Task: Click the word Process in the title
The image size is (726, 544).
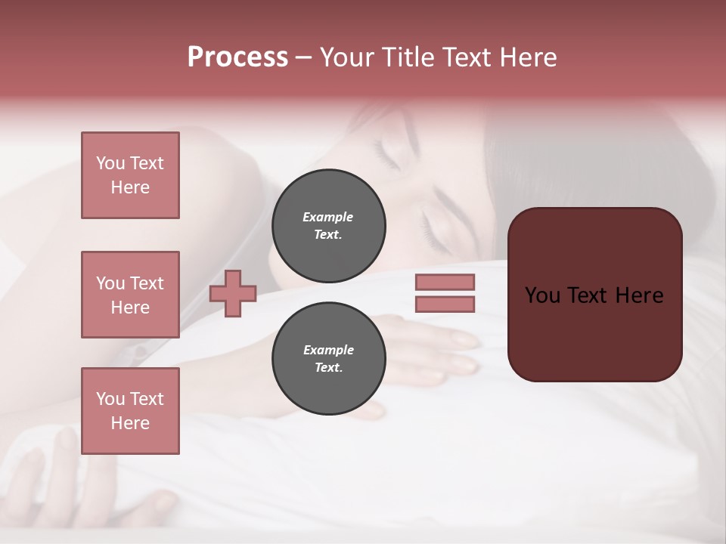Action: pyautogui.click(x=237, y=57)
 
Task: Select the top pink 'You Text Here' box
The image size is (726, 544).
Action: pyautogui.click(x=130, y=175)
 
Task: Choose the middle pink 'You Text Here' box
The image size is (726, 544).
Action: pyautogui.click(x=130, y=295)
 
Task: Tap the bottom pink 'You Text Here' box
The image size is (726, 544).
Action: pyautogui.click(x=130, y=411)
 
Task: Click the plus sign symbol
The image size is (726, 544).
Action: pyautogui.click(x=233, y=293)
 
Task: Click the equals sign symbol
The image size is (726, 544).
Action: pyautogui.click(x=445, y=293)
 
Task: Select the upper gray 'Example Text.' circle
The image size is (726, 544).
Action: pyautogui.click(x=328, y=226)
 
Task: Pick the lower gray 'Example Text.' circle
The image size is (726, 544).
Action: pyautogui.click(x=328, y=359)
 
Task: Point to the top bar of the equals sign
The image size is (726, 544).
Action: pyautogui.click(x=445, y=282)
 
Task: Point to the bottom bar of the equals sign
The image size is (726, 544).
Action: pyautogui.click(x=445, y=304)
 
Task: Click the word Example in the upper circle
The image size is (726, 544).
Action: pyautogui.click(x=328, y=218)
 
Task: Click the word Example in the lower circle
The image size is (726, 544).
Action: pyautogui.click(x=328, y=351)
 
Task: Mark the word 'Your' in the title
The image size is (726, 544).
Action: pyautogui.click(x=346, y=57)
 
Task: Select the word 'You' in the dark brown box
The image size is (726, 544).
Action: pyautogui.click(x=542, y=295)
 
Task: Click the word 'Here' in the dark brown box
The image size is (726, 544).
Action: pyautogui.click(x=639, y=295)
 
